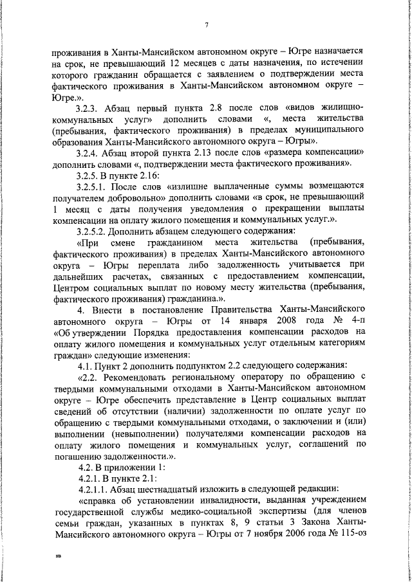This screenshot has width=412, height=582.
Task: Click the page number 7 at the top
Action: [x=207, y=25]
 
